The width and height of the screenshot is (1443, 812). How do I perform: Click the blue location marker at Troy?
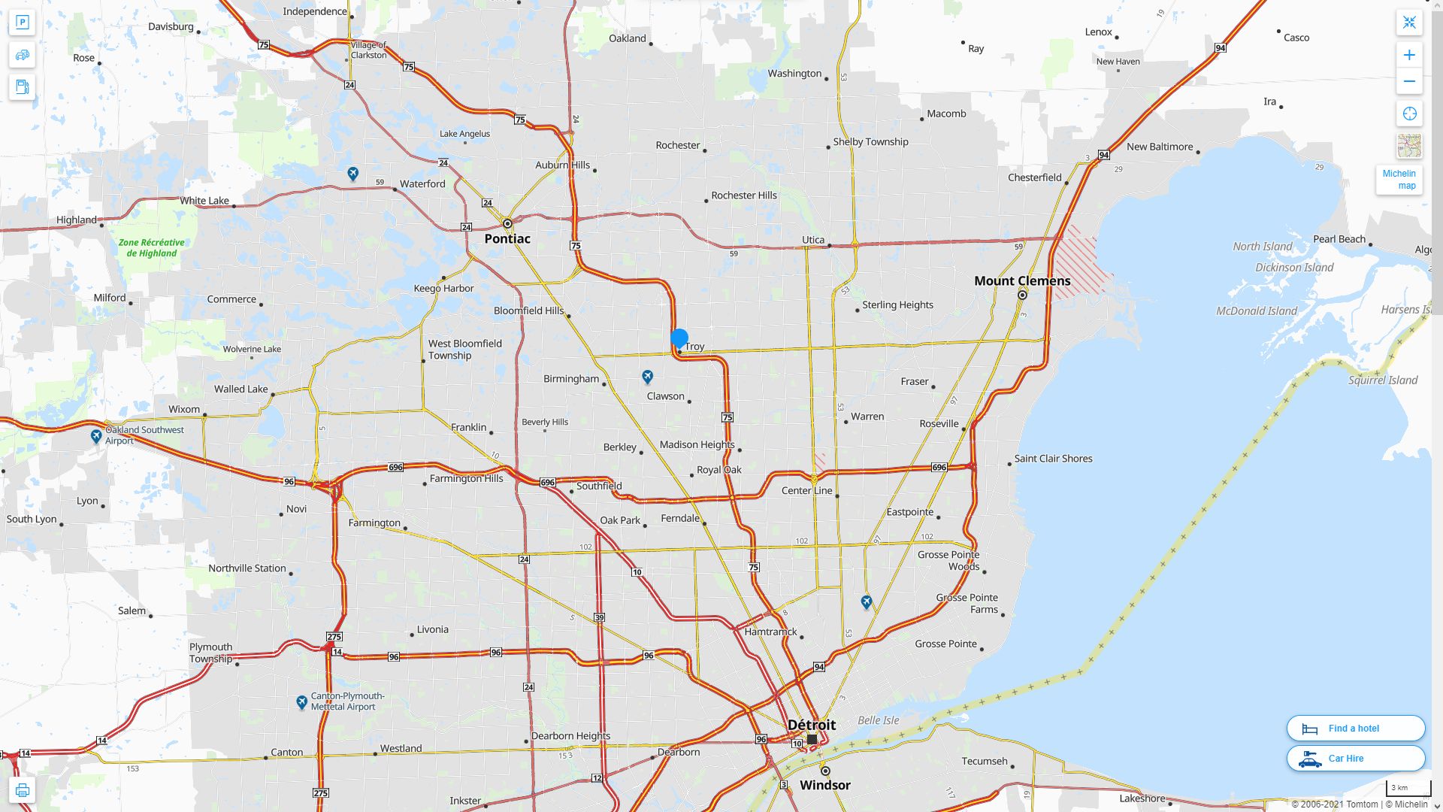(x=679, y=338)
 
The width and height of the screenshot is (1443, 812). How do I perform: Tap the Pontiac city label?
(x=507, y=239)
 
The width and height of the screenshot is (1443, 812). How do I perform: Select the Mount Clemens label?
(x=1022, y=281)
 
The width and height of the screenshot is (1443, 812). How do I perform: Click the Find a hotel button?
(x=1355, y=728)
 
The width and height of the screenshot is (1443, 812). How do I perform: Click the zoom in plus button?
(x=1409, y=55)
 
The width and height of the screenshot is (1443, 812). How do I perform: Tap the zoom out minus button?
(x=1409, y=81)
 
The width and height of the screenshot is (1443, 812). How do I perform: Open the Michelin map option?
(x=1399, y=180)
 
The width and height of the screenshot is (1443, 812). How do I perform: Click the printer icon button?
(x=22, y=790)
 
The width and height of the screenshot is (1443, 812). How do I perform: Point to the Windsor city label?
(x=824, y=785)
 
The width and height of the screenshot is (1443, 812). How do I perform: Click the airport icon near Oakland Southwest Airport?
(x=96, y=436)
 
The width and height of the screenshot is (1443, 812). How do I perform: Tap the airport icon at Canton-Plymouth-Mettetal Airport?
(x=301, y=702)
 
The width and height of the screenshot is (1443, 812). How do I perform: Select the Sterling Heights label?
(x=897, y=305)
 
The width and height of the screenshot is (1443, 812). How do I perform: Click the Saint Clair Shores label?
(x=1053, y=459)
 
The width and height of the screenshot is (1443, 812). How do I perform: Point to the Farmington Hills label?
(x=466, y=479)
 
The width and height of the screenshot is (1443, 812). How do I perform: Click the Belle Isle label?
(x=878, y=720)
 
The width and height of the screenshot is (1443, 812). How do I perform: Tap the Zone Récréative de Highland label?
(x=151, y=248)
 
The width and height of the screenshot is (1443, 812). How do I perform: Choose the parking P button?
(x=22, y=23)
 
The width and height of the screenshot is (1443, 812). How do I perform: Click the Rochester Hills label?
(x=743, y=195)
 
